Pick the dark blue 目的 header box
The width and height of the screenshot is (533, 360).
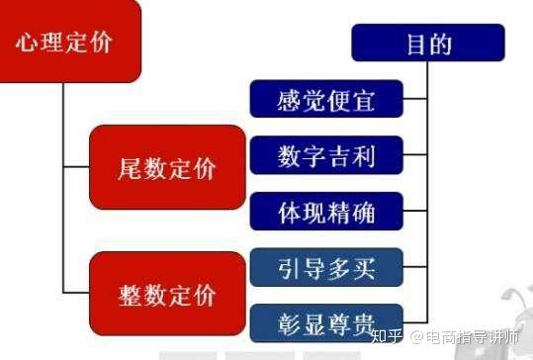(427, 44)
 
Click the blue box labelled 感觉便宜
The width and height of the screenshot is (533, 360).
(326, 99)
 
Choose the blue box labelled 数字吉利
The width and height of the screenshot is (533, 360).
(326, 155)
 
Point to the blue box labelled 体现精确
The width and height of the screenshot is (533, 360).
(326, 211)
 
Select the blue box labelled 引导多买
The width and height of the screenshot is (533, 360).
(326, 266)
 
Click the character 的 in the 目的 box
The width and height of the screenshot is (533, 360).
(442, 45)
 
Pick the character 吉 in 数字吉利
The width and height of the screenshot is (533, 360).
(339, 156)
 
